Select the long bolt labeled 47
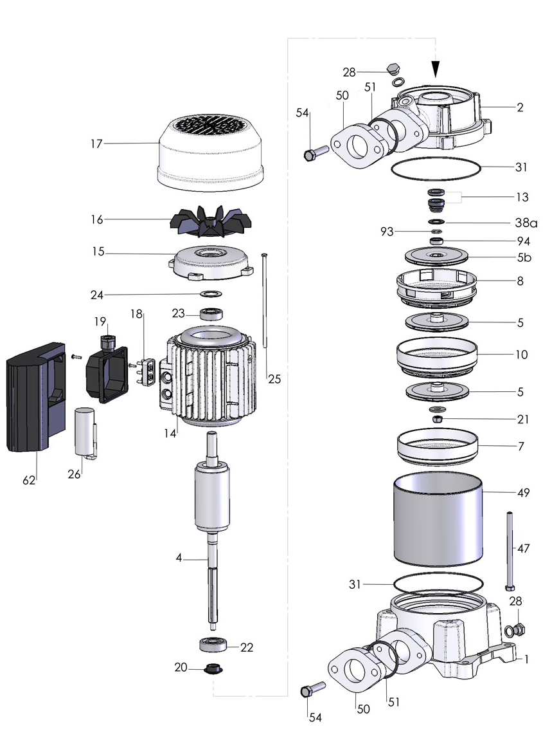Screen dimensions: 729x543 [509, 550]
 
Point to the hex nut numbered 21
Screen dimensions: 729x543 [437, 419]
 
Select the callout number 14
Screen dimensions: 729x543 [170, 434]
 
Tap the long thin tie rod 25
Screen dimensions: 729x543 [264, 302]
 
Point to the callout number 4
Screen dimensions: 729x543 [179, 559]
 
